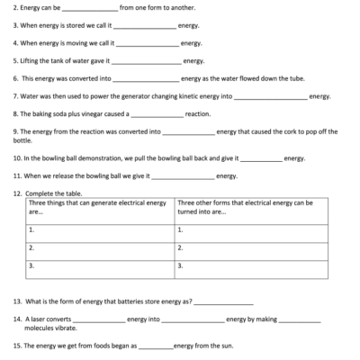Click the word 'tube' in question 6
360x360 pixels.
(x=291, y=78)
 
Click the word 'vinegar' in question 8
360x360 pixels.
(x=93, y=113)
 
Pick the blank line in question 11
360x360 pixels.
(x=184, y=175)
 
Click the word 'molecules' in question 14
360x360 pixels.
(x=41, y=328)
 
